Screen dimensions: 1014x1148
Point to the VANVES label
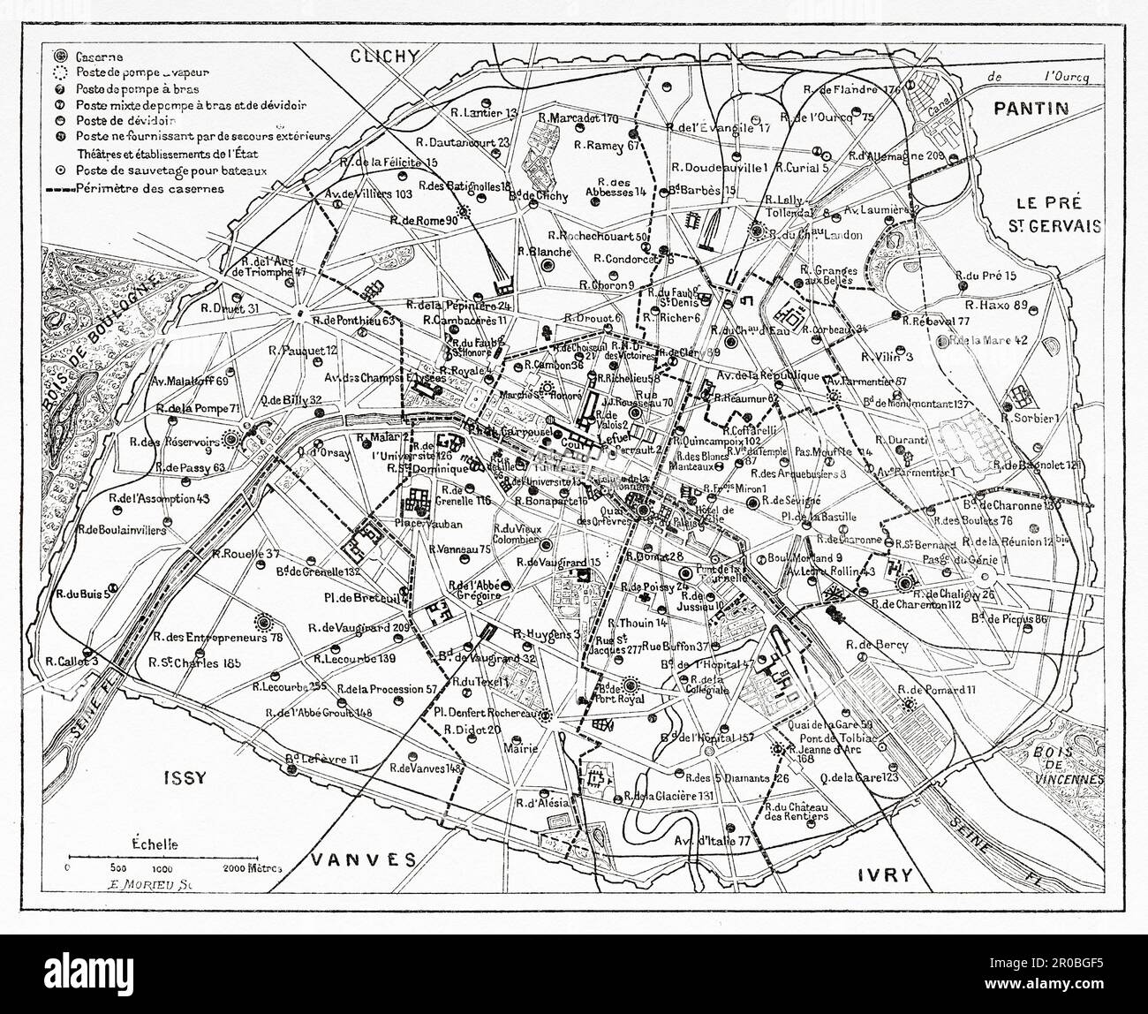pos(364,859)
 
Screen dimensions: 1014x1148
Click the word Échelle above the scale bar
pos(154,844)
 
